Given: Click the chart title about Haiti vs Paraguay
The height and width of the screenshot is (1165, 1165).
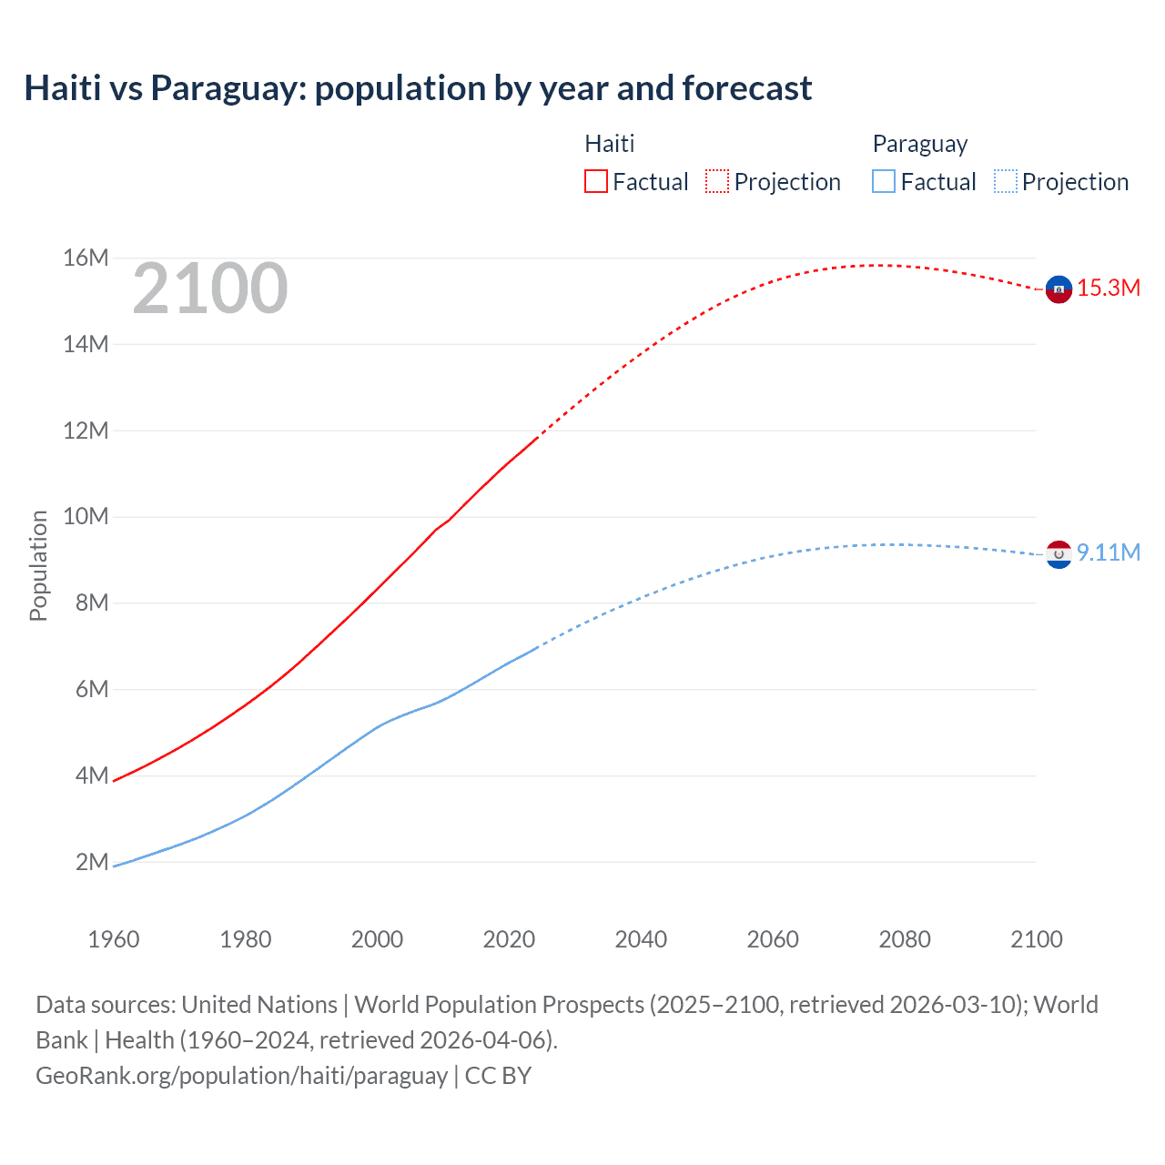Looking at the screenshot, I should coord(418,88).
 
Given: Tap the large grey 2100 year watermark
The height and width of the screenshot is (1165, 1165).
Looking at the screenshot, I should coord(210,289).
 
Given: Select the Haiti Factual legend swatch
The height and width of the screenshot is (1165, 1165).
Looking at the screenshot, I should coord(595,181).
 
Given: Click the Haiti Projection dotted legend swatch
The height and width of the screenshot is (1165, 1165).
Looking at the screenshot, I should coord(716,181).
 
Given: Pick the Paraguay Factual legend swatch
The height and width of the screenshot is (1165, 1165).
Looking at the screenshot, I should coord(883,181).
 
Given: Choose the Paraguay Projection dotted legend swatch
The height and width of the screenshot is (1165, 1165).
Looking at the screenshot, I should coord(1005,181).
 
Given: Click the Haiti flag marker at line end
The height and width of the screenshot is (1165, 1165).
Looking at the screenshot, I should coord(1058,289).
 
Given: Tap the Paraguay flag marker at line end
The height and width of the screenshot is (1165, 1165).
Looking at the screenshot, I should coord(1058,553).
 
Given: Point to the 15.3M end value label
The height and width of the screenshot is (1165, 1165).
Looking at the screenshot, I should coord(1109,289).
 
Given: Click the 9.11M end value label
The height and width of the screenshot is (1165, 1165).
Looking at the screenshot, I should coord(1109,552).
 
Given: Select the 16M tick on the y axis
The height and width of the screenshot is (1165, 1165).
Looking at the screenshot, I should coord(86,258).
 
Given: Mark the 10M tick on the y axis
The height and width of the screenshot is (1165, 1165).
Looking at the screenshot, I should coord(86,517).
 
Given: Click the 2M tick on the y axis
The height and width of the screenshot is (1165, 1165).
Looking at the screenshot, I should coord(92,862).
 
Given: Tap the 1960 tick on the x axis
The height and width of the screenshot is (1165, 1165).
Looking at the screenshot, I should coord(114,939).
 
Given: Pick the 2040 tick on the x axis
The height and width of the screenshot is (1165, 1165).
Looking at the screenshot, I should coord(641,939).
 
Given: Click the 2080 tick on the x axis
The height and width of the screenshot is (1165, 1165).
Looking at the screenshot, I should coord(905,939).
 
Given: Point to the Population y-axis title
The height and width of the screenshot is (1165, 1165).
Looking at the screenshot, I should coord(38,565).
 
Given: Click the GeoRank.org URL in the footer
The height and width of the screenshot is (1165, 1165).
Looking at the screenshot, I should coord(241,1076).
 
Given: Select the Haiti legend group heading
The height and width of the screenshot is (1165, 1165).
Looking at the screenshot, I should coord(609,144).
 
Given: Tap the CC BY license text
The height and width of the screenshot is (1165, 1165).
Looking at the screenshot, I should coord(498,1076).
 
